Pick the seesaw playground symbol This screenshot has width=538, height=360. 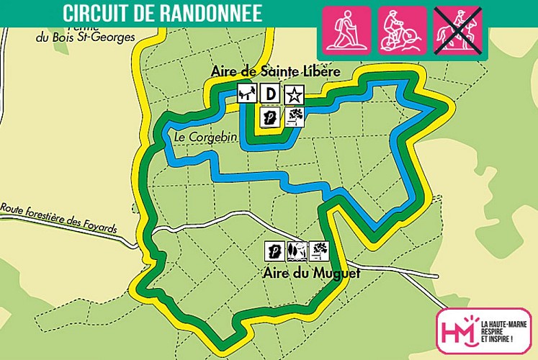pos(247,93)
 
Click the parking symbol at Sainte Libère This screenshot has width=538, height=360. pos(271,117)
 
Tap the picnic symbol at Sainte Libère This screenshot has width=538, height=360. pos(294,117)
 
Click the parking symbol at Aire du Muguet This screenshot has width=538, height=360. pos(274,250)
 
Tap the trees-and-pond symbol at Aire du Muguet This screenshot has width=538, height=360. pos(297,250)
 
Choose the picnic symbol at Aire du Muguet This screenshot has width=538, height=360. pos(319,250)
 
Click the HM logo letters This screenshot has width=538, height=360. pos(459,331)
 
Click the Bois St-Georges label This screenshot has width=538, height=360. pos(73,37)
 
